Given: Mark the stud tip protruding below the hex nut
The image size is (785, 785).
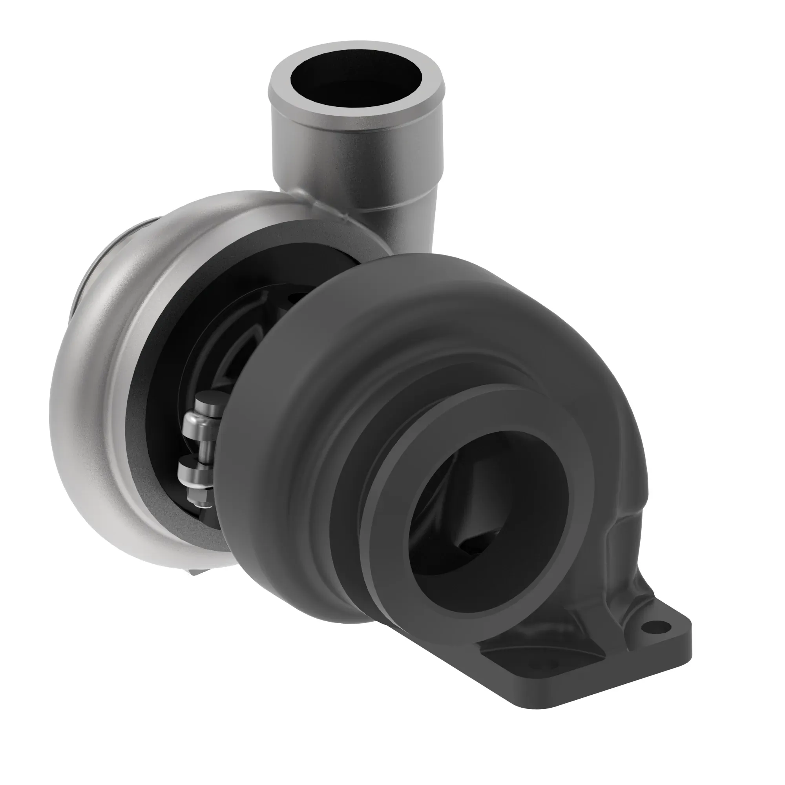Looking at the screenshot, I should pyautogui.click(x=203, y=505).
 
